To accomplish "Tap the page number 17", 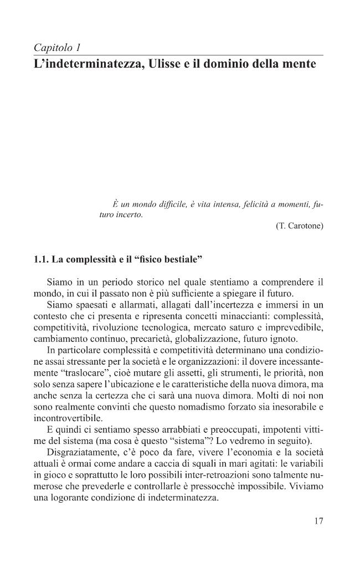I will [318, 521].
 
